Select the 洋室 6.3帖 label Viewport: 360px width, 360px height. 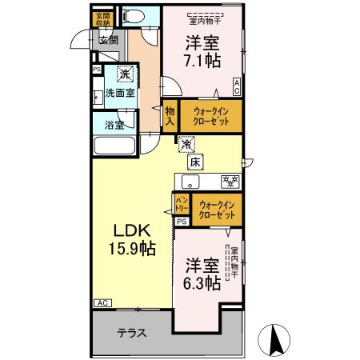click(x=202, y=273)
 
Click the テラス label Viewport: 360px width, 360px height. click(x=131, y=333)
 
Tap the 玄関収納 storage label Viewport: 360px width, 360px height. click(x=102, y=20)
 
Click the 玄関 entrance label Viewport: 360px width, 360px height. click(x=108, y=39)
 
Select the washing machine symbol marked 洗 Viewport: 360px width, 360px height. click(x=124, y=74)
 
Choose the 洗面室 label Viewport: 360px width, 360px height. click(x=120, y=93)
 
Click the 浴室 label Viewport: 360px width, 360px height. click(x=114, y=124)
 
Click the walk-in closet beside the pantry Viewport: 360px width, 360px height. click(x=218, y=210)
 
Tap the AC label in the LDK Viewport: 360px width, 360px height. click(x=102, y=303)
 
